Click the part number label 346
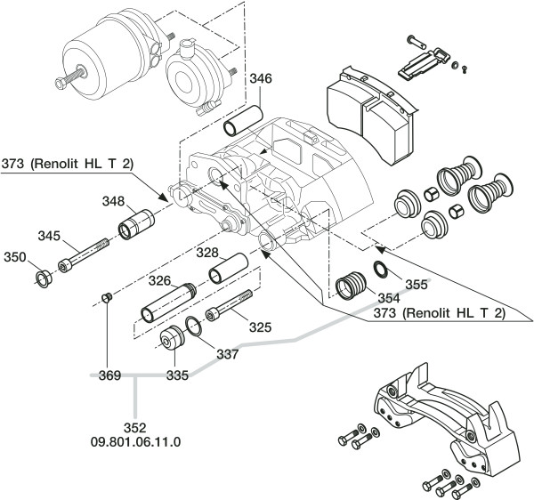[x=261, y=78]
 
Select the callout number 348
[x=114, y=201]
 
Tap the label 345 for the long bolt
[x=49, y=236]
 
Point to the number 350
[x=15, y=257]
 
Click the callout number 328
[x=207, y=253]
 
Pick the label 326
[x=159, y=281]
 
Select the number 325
[x=261, y=327]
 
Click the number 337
[x=228, y=354]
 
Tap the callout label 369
[x=110, y=375]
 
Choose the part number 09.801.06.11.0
[x=135, y=442]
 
